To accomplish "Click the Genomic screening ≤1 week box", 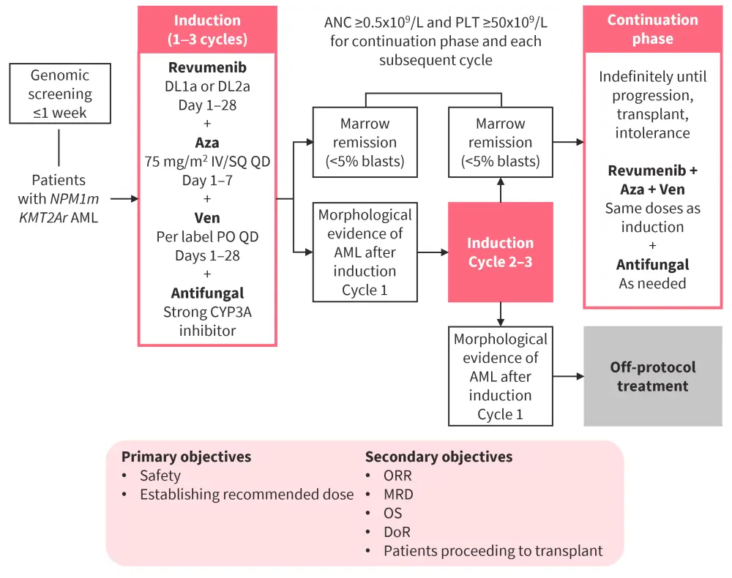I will (60, 94).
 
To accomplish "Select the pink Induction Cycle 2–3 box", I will (500, 252).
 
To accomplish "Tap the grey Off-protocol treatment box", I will (652, 376).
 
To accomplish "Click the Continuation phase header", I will (651, 29).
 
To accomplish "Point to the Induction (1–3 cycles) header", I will (207, 29).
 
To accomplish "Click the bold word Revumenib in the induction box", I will (207, 68).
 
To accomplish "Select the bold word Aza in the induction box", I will (207, 143).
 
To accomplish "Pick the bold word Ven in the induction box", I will (207, 218).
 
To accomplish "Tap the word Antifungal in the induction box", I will (207, 293).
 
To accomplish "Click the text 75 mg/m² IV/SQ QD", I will (207, 162).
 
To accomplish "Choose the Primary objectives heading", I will (186, 457).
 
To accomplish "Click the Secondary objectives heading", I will (438, 457).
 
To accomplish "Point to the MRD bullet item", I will (398, 495).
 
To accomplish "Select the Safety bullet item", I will (160, 476).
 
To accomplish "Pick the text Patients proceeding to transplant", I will (493, 551).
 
